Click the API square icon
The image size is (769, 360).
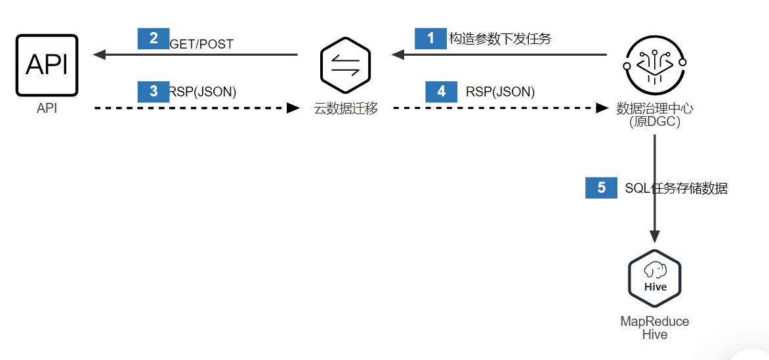coord(47,66)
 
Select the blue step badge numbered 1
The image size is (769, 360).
coord(430,38)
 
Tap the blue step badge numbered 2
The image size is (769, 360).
coord(154,38)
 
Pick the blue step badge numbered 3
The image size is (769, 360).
coord(154,91)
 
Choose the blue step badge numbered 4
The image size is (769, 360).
coord(442,91)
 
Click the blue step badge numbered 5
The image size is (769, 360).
coord(601,188)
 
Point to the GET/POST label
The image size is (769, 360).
coord(201,44)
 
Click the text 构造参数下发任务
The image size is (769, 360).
coord(500,39)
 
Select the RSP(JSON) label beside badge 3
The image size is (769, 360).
coord(203,92)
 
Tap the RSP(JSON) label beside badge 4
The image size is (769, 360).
coord(500,92)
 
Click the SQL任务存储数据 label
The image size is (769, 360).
coord(676,189)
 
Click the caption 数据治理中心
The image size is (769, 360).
coord(654,109)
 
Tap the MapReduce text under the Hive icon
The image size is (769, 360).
coord(655,321)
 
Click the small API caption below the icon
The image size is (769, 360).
coord(47,109)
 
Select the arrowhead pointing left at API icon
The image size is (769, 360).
coord(100,55)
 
